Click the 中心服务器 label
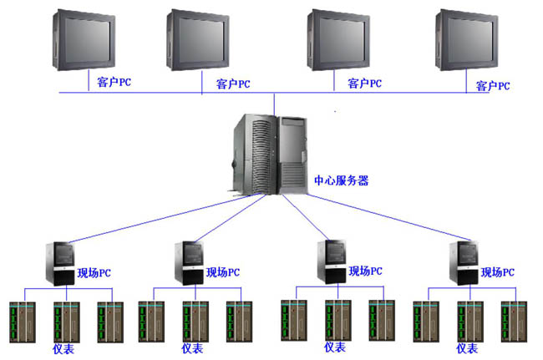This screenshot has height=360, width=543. (341, 180)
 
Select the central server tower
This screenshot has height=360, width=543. (270, 155)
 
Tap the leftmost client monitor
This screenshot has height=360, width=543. (84, 40)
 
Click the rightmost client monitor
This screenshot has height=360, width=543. (467, 40)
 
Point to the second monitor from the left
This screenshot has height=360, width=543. (198, 40)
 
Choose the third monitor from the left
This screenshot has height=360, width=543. (338, 40)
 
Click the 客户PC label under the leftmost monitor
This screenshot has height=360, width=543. (114, 83)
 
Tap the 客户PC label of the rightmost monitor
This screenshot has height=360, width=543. (493, 86)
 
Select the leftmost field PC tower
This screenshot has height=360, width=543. (60, 264)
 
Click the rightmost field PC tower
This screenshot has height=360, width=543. (464, 263)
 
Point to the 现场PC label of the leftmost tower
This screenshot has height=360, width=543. (94, 273)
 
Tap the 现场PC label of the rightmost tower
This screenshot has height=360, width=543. (498, 272)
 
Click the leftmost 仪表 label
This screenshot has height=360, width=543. (63, 349)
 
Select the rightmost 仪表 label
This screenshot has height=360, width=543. (467, 348)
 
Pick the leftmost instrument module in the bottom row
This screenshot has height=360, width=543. (23, 322)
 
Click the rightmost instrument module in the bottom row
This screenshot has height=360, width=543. (515, 322)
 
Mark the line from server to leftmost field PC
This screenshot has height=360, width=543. (165, 218)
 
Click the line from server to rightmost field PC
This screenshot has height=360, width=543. (388, 217)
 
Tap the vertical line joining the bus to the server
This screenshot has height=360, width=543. (274, 104)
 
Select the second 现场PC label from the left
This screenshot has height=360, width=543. (223, 272)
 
